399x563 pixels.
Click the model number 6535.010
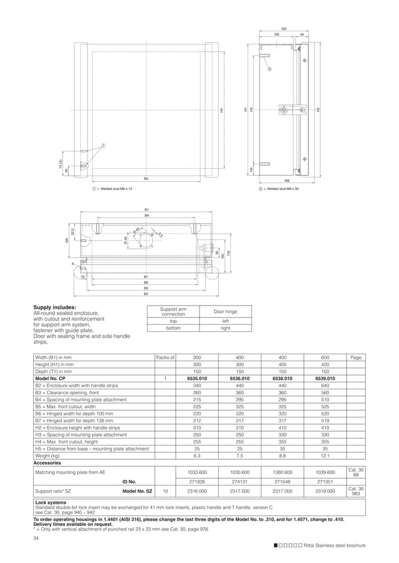coord(196,378)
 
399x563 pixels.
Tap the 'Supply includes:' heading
coord(54,307)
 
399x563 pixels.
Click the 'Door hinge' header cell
coord(225,311)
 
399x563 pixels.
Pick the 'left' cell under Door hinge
coord(225,321)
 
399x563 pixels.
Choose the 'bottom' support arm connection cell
coord(173,327)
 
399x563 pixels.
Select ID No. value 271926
coord(196,482)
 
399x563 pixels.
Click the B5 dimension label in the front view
coord(146,179)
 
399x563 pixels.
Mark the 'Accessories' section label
coord(48,463)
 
